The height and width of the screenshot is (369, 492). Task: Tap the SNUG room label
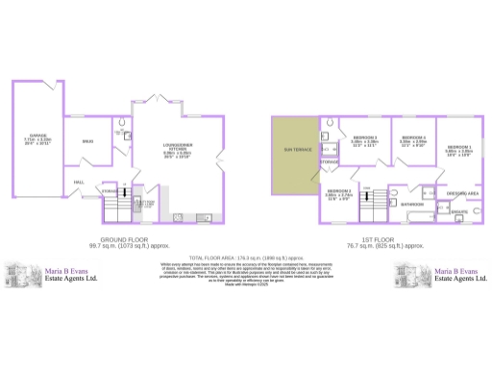[x=87, y=142]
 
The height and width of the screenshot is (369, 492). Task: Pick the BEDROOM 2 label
[x=364, y=137]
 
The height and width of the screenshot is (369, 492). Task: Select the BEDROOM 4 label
[x=412, y=137]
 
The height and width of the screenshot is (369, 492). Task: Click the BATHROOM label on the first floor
[x=413, y=205]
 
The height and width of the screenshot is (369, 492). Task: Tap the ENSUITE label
[x=459, y=211]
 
